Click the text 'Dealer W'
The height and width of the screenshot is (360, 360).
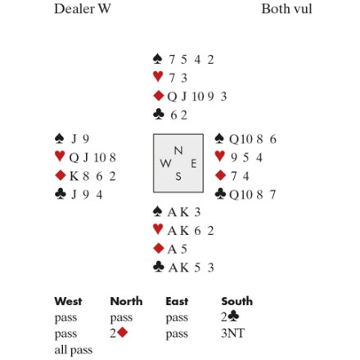(83, 9)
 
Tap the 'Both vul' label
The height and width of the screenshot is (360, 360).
(286, 9)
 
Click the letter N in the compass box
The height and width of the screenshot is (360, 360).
(178, 151)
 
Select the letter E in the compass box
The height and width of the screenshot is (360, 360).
(194, 164)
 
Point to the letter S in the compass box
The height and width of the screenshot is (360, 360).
(178, 177)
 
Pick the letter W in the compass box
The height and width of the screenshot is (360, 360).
(165, 164)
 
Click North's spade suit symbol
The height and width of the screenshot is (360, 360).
(158, 59)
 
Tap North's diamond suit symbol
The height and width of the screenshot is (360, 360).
(159, 96)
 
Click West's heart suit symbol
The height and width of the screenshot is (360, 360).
(60, 156)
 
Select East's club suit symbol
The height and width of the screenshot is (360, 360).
(220, 194)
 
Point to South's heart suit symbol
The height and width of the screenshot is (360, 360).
(158, 230)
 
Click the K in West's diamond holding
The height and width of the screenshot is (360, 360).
(74, 176)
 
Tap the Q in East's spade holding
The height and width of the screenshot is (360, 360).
(234, 139)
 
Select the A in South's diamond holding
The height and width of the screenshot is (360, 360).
(172, 250)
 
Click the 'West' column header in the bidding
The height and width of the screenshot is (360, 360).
(68, 301)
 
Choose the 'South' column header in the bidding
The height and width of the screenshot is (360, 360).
(237, 301)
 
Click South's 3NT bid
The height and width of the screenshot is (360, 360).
(233, 333)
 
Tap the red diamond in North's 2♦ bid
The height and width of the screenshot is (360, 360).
(123, 333)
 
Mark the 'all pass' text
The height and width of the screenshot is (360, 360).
(74, 350)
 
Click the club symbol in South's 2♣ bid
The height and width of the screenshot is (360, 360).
(233, 317)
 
